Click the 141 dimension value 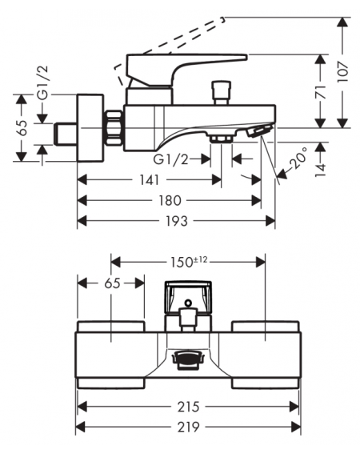(x=150, y=180)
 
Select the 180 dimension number (x=170, y=200)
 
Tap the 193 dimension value (x=177, y=221)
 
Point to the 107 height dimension (x=343, y=71)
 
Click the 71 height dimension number (x=320, y=92)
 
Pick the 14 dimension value (x=320, y=170)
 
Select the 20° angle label (x=298, y=158)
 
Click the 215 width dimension (x=188, y=407)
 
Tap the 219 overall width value (x=188, y=427)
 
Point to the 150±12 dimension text (x=188, y=262)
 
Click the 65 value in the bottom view (x=112, y=283)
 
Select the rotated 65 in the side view (x=22, y=127)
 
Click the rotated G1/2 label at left (x=43, y=82)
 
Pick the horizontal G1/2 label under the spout (x=170, y=159)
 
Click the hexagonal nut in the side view (x=114, y=127)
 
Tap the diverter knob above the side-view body (x=222, y=93)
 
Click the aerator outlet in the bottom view (x=188, y=360)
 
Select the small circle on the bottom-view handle (x=188, y=303)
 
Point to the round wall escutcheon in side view (x=90, y=127)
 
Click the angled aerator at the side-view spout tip (x=259, y=130)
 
